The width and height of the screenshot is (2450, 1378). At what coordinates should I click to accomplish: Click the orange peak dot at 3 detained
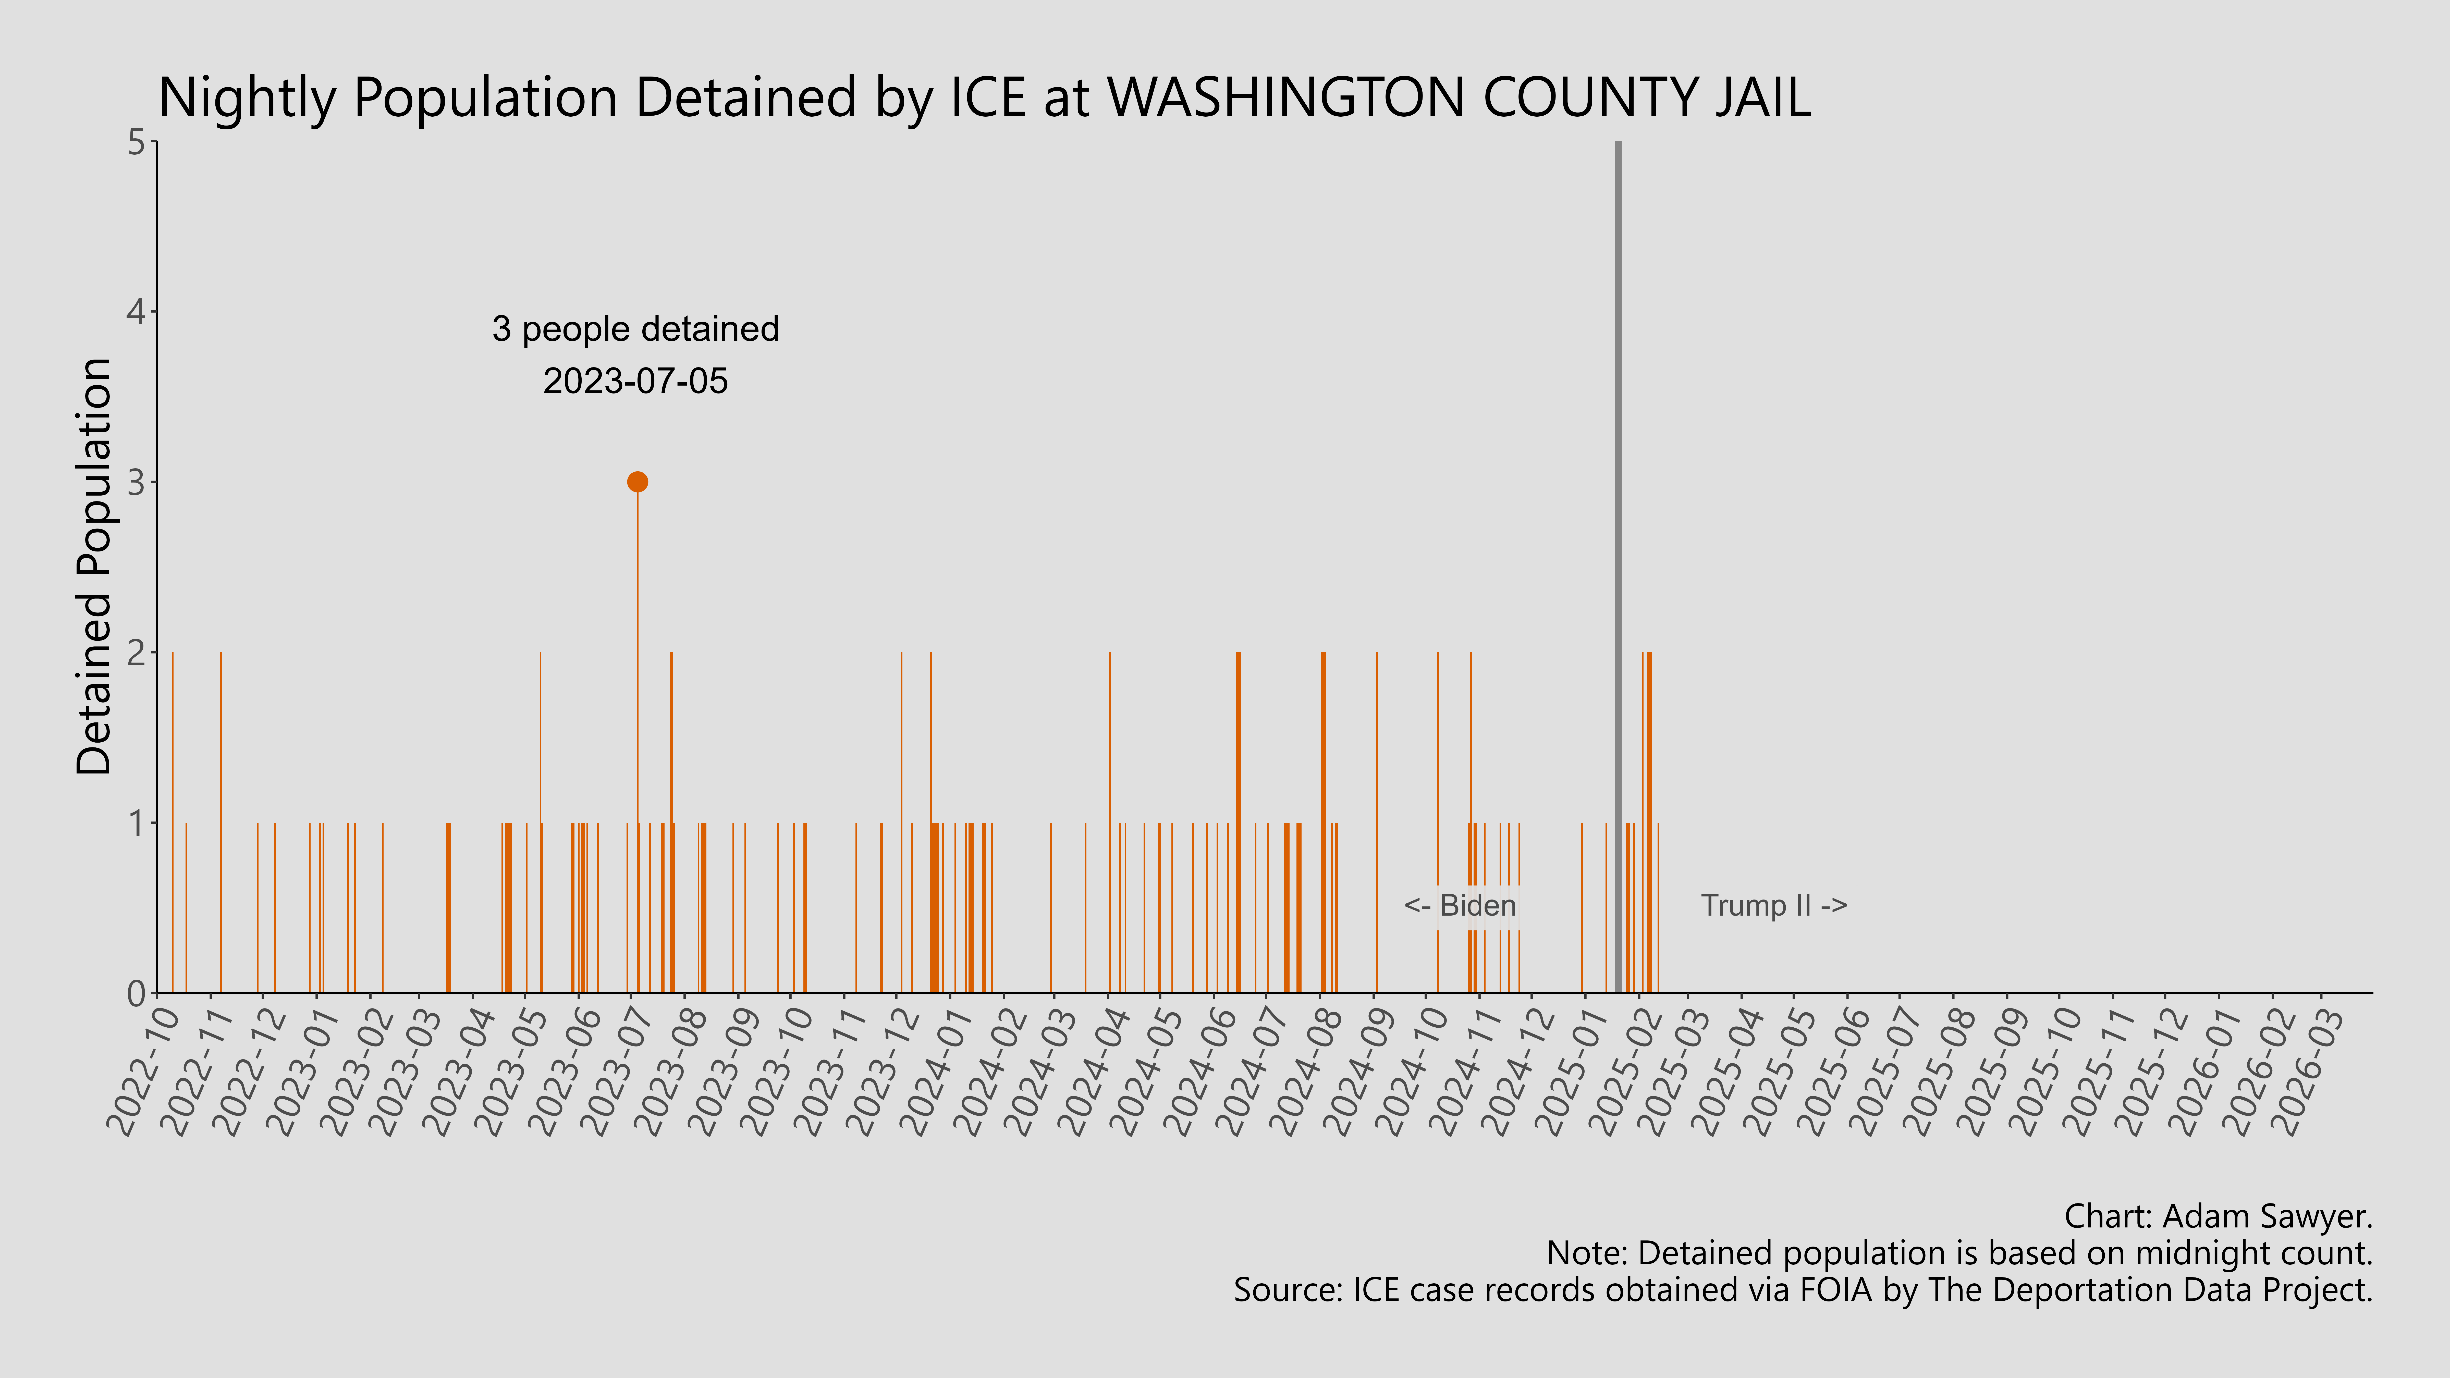(637, 482)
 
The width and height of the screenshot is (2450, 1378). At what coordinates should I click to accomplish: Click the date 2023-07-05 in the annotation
(635, 381)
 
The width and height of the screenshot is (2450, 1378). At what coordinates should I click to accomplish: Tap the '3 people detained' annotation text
(635, 329)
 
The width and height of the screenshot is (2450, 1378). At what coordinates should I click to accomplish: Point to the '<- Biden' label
(1460, 905)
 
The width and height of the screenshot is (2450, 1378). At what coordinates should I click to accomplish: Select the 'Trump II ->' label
(1774, 905)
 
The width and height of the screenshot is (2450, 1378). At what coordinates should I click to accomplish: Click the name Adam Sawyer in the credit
(2267, 1216)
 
